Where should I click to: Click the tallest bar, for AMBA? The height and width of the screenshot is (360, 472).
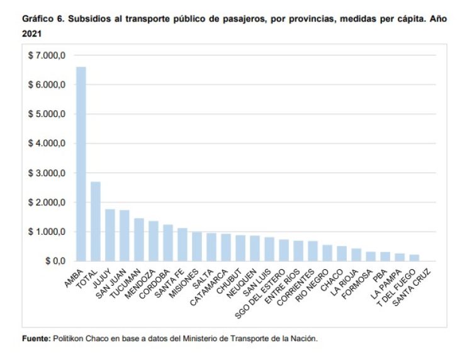[81, 164]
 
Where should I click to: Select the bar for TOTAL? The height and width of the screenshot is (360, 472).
[96, 221]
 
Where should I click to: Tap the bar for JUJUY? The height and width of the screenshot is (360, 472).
[110, 235]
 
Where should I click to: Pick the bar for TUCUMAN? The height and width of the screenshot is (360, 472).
[139, 239]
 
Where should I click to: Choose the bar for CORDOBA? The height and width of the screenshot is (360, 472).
[168, 242]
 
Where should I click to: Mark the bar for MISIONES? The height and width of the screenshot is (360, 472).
[197, 246]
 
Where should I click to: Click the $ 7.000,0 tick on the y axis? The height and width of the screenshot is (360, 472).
[47, 56]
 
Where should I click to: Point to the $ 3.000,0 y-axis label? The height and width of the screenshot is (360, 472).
[47, 173]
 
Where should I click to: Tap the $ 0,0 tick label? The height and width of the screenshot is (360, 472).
[53, 261]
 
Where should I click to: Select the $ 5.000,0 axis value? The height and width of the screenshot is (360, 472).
[47, 115]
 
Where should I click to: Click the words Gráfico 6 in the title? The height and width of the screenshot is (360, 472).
[42, 20]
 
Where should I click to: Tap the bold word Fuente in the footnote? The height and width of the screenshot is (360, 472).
[35, 339]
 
